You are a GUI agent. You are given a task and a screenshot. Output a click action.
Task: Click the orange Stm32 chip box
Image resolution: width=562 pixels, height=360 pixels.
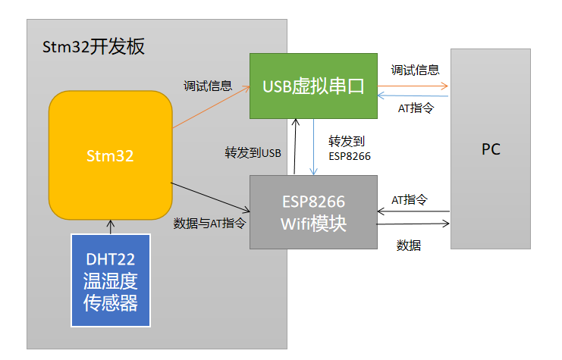(x=110, y=155)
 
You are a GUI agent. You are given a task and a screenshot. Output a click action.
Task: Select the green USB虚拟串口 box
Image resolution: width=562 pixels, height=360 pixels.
(x=314, y=86)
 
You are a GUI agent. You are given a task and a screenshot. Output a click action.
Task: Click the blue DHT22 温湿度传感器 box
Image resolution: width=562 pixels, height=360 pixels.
(x=110, y=280)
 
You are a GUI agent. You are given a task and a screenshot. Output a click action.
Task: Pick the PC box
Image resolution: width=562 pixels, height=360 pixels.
(x=491, y=149)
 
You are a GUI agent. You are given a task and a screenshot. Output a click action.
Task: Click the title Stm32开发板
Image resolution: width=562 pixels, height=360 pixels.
(x=94, y=47)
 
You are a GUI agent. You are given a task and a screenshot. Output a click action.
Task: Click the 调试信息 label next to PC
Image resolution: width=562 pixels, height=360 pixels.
(x=415, y=70)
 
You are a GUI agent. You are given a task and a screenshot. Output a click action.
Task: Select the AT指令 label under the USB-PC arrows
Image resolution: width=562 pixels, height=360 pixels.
(x=416, y=108)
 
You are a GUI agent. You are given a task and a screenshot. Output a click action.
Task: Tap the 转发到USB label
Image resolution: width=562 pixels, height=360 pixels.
(x=253, y=152)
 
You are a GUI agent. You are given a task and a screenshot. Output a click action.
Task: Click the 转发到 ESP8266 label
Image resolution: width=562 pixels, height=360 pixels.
(x=349, y=148)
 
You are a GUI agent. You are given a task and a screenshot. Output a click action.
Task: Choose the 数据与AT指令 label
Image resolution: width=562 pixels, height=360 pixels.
(x=209, y=223)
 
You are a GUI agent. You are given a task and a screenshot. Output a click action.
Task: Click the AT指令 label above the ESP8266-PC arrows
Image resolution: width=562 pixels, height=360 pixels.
(x=410, y=199)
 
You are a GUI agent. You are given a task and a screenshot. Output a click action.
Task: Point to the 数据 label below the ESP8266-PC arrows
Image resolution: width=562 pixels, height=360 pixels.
(x=409, y=245)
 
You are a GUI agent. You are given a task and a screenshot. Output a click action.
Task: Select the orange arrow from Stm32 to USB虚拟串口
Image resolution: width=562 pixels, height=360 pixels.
(x=212, y=107)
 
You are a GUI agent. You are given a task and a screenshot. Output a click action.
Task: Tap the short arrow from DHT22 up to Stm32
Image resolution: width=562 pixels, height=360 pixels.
(x=111, y=226)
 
